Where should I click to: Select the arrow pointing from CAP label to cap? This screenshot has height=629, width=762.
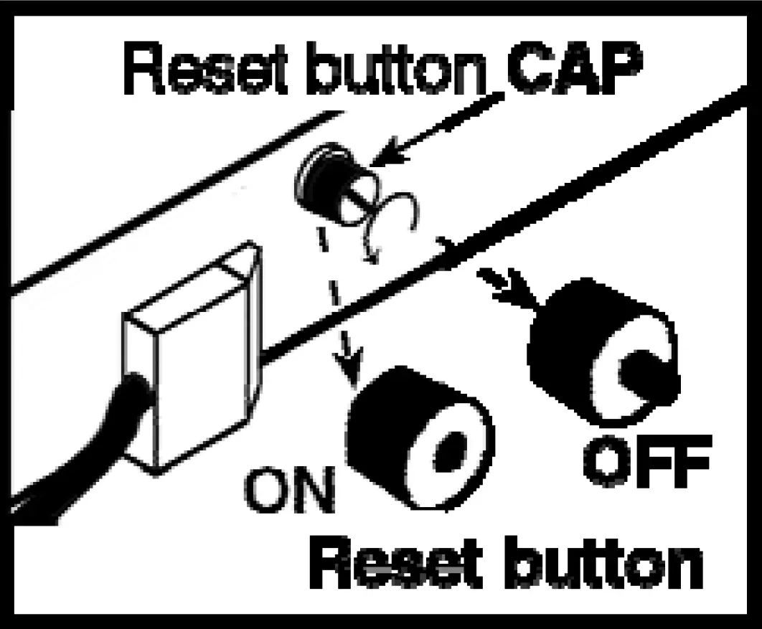coord(438,129)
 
